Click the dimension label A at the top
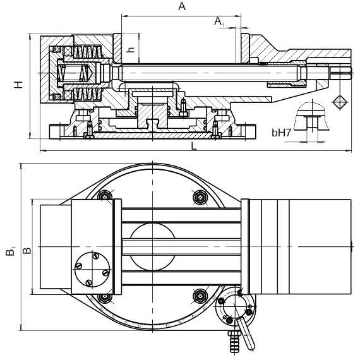(x=182, y=6)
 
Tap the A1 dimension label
(x=219, y=21)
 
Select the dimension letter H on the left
(x=18, y=85)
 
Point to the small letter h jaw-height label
(x=131, y=50)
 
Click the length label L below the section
(x=194, y=146)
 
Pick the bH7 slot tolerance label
(x=281, y=133)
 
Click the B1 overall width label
(x=10, y=251)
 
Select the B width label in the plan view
(x=27, y=250)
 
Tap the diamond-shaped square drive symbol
(x=340, y=102)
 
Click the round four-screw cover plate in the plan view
(x=92, y=269)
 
